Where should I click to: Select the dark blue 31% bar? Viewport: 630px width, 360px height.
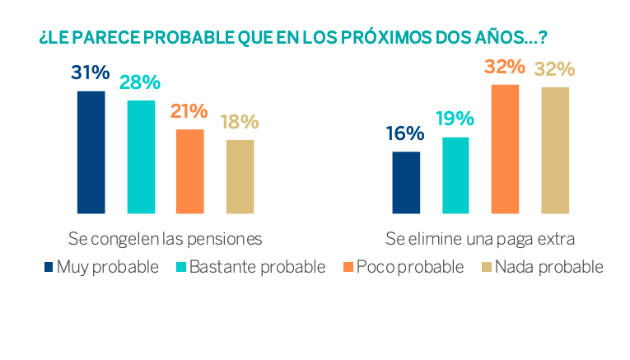click(91, 152)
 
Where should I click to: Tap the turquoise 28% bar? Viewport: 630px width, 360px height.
click(141, 157)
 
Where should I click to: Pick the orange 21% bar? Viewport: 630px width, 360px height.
click(190, 171)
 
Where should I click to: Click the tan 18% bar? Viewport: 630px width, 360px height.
click(240, 176)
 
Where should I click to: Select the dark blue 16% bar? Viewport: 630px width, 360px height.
click(406, 182)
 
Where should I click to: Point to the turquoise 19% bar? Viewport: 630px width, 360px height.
click(455, 175)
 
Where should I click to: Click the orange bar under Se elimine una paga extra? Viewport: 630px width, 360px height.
click(505, 149)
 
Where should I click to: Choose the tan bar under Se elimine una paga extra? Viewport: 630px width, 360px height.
click(554, 150)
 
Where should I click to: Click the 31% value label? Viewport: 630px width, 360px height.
click(91, 73)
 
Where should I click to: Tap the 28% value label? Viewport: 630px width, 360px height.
click(140, 82)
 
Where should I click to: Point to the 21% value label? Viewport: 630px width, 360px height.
click(189, 111)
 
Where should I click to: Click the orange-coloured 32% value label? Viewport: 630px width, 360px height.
click(505, 66)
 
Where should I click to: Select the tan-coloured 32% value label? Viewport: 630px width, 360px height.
click(554, 68)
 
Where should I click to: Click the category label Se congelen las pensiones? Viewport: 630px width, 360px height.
click(165, 239)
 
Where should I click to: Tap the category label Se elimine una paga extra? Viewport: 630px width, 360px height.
click(479, 239)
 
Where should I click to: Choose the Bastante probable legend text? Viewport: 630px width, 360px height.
click(257, 267)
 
